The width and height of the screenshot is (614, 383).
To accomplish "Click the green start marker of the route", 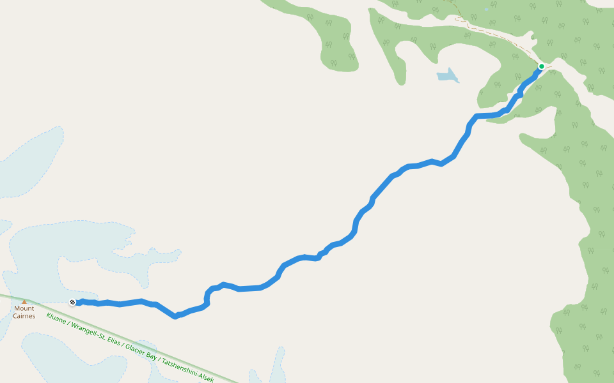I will coord(541,66).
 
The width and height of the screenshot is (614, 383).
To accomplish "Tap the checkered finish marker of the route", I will coord(73,302).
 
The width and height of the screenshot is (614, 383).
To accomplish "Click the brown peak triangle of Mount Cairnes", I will coord(24,301).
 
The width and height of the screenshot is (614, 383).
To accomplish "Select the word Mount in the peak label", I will coord(24,308).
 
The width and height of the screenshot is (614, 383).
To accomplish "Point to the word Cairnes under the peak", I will coord(24,316).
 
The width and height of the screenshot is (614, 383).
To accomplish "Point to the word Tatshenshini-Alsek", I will coord(188,370).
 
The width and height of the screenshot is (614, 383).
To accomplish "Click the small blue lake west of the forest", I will coord(448,76).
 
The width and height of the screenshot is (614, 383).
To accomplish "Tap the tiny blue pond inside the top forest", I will coord(486,10).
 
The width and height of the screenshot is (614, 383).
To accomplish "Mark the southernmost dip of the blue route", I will coord(175,316).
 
